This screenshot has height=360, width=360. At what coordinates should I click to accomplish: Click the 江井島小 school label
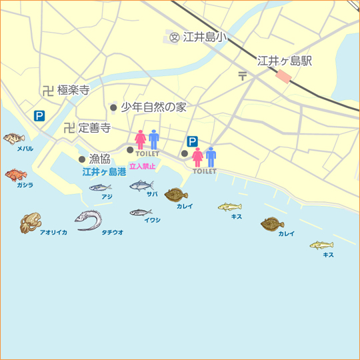(203, 37)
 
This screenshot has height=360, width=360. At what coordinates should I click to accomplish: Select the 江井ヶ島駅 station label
(285, 61)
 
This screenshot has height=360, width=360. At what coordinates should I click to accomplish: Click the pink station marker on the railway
(284, 76)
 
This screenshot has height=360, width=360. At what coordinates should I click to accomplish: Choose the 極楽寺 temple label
(73, 90)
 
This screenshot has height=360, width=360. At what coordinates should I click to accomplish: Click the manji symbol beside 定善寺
(69, 127)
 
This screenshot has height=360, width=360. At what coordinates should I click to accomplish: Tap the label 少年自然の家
(153, 107)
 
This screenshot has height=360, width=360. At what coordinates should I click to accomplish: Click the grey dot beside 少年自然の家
(113, 107)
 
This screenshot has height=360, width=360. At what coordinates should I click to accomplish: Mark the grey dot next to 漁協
(82, 159)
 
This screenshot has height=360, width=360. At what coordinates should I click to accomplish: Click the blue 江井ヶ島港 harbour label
(104, 172)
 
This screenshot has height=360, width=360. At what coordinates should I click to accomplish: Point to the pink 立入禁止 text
(142, 166)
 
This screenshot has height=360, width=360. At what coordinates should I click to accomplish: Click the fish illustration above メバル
(13, 139)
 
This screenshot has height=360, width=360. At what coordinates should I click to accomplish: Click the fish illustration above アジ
(99, 187)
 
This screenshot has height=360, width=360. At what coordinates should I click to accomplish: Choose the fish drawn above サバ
(141, 185)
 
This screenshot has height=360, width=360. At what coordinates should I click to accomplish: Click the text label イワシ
(152, 220)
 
